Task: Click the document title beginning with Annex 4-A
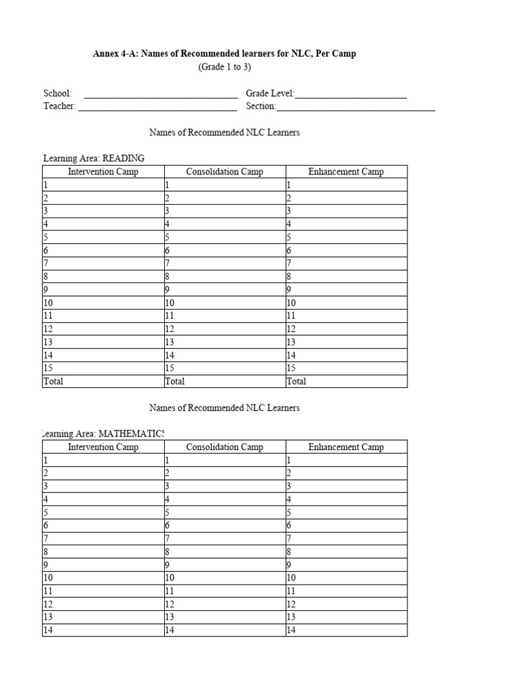coord(224,53)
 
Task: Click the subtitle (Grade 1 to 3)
coord(224,67)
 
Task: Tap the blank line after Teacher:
coord(157,107)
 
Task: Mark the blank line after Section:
coord(355,107)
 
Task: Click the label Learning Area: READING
coord(94,158)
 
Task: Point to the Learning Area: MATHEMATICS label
coord(103,433)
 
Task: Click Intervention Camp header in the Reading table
coord(103,172)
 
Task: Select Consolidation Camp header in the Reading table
coord(224,172)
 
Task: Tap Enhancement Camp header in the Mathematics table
coord(346,447)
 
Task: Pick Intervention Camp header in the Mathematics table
coord(103,447)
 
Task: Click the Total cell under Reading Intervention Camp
coord(103,381)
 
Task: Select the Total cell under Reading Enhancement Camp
coord(346,381)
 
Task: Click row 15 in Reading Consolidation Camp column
coord(224,368)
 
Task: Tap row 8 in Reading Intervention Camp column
coord(103,276)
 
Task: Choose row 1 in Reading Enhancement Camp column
coord(346,184)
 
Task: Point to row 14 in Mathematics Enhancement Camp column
coord(346,631)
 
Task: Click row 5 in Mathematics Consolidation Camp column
coord(224,512)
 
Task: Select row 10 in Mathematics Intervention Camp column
coord(103,578)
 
